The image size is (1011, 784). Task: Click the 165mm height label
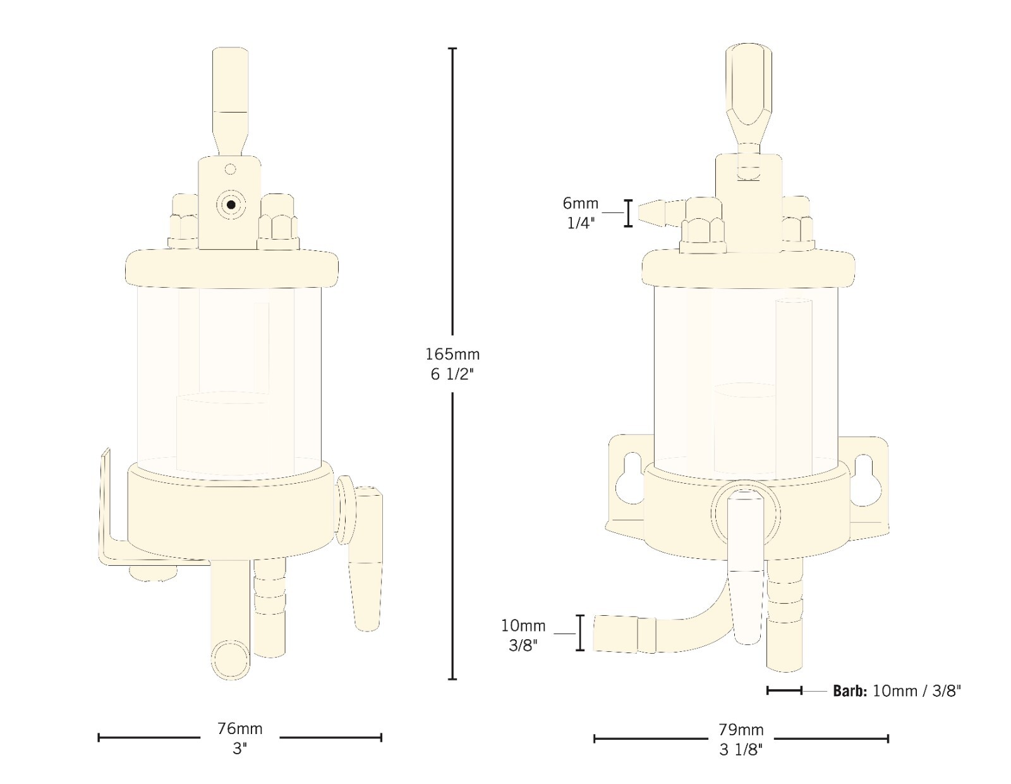click(452, 354)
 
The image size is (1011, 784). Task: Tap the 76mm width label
click(239, 728)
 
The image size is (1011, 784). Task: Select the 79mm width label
click(741, 729)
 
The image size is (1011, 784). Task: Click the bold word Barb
click(850, 691)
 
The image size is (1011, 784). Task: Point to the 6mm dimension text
click(580, 203)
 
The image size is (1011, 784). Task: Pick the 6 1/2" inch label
click(452, 374)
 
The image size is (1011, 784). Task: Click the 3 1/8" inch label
click(741, 750)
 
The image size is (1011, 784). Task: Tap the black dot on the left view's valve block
click(231, 204)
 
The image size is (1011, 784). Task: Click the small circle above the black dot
click(230, 169)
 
